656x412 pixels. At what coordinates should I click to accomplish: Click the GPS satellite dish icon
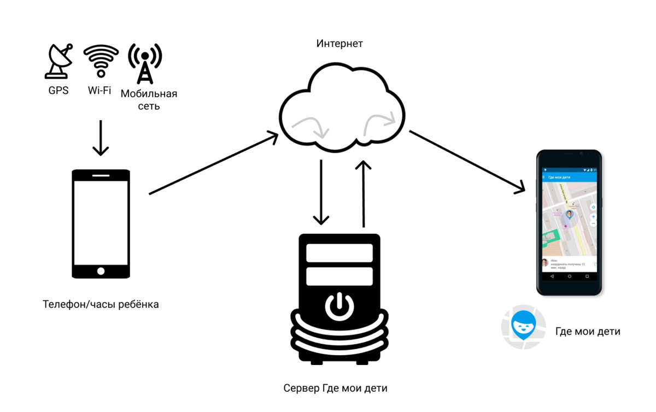pos(58,61)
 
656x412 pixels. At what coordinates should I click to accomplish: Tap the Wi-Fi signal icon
pos(101,61)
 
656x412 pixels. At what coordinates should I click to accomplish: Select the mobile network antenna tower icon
pos(145,63)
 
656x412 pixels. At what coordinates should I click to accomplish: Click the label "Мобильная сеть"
pos(149,99)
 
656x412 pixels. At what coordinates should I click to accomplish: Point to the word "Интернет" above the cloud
pos(339,44)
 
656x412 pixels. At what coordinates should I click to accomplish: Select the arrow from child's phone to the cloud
pos(214,163)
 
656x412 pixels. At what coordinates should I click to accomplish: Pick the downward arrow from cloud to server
pos(321,192)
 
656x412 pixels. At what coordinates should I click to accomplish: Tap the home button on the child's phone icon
pos(101,271)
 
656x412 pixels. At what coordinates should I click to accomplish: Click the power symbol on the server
pos(339,306)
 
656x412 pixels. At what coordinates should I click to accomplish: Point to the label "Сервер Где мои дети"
pos(335,389)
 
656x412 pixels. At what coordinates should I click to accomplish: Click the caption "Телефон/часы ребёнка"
pos(101,304)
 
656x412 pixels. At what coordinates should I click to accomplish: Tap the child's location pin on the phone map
pos(570,215)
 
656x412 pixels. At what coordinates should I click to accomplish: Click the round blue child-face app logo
pos(523,327)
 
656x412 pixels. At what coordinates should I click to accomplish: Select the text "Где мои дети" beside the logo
pos(588,331)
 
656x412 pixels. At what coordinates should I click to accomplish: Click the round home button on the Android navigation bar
pos(570,276)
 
